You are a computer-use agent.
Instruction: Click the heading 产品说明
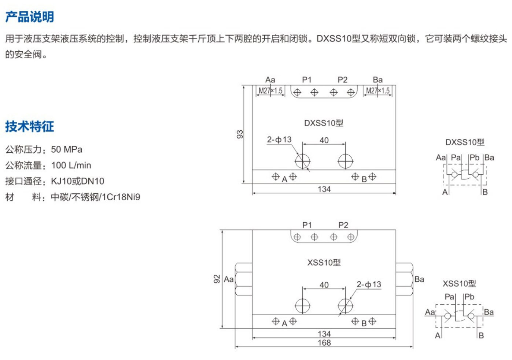[30, 17]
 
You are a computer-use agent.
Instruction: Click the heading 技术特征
[30, 126]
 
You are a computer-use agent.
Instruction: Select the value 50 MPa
[67, 149]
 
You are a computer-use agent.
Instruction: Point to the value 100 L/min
[71, 165]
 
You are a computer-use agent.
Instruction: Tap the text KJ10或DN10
[77, 181]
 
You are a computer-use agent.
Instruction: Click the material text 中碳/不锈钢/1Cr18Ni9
[95, 197]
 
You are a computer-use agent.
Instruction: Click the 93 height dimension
[240, 134]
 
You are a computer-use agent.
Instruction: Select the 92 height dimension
[217, 279]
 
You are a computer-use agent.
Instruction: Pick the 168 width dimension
[324, 343]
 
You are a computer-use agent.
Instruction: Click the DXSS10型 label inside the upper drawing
[324, 123]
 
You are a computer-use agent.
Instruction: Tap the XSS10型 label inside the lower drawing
[324, 263]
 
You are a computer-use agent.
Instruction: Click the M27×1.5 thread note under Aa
[270, 91]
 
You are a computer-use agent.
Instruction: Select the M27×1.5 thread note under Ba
[378, 91]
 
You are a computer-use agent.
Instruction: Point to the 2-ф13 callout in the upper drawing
[279, 140]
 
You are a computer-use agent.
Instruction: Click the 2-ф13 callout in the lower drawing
[369, 285]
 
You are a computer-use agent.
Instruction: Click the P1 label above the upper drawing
[307, 80]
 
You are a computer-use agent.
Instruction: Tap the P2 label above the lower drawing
[343, 225]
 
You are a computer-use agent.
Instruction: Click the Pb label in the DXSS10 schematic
[474, 157]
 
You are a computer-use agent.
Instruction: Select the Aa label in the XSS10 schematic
[430, 312]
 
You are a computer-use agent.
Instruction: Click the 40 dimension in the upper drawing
[324, 140]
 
